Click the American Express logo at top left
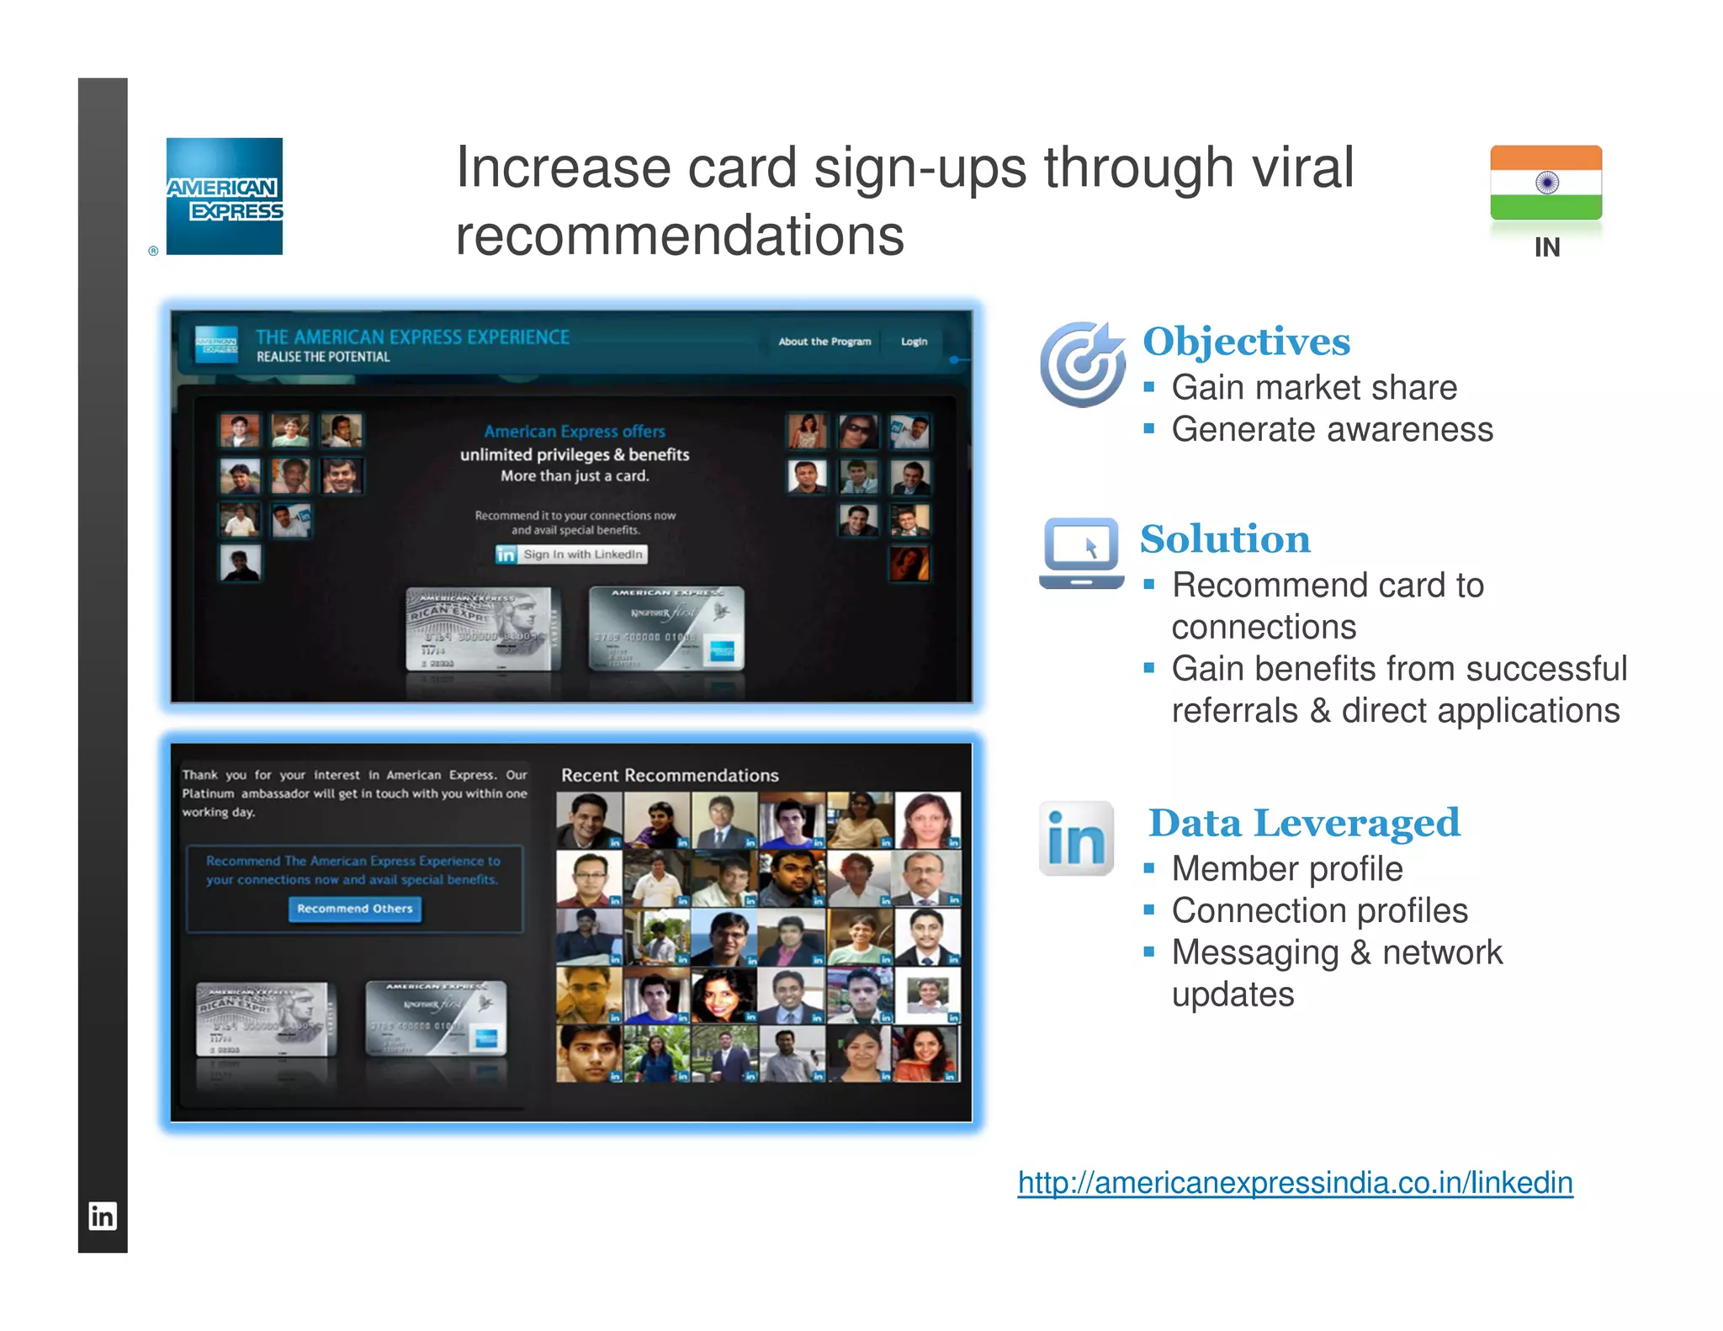[225, 196]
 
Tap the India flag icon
[1545, 183]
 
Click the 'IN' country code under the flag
[1546, 247]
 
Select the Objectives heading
[1246, 342]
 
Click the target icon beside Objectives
[1082, 363]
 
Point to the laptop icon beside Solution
[1081, 552]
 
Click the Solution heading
[1225, 539]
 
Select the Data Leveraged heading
[1304, 823]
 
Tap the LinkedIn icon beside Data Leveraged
[1076, 838]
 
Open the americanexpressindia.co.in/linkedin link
[1295, 1183]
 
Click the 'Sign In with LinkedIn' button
[572, 554]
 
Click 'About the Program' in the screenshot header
[824, 342]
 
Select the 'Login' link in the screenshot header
[914, 342]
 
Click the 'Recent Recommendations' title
[670, 776]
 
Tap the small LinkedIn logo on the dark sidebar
[103, 1217]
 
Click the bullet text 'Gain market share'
[1314, 388]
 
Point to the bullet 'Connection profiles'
[1319, 910]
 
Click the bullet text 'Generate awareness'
[1332, 430]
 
